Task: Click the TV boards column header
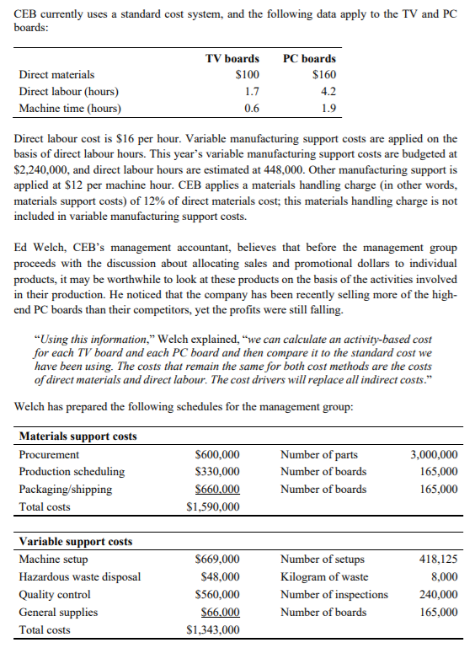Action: click(x=232, y=58)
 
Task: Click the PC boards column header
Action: click(x=309, y=58)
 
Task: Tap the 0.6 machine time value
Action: click(x=251, y=108)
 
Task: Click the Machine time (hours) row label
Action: click(x=70, y=108)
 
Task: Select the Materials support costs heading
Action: click(x=77, y=436)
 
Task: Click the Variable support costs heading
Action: click(x=75, y=541)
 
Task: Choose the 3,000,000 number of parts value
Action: click(x=434, y=454)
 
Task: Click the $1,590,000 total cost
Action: click(x=212, y=506)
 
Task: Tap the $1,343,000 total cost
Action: click(x=212, y=629)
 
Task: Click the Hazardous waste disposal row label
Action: click(x=80, y=576)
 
